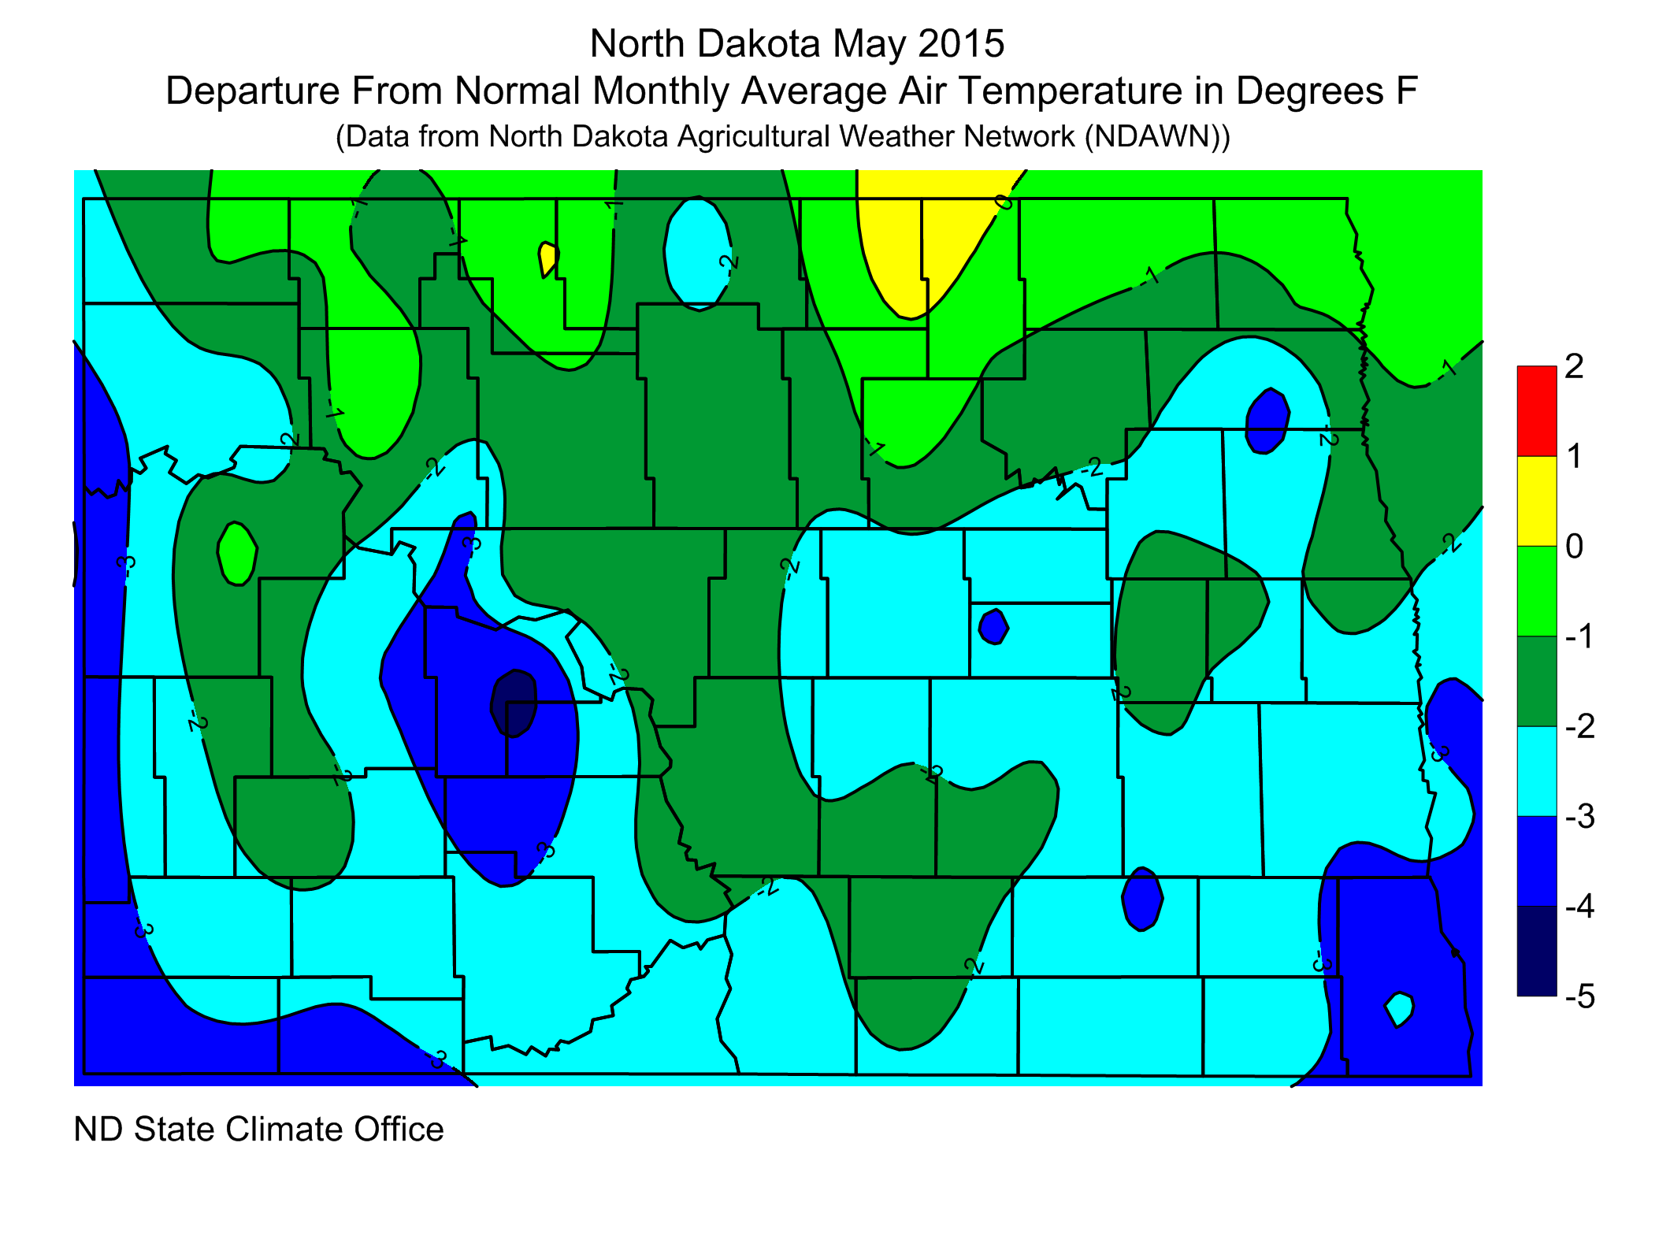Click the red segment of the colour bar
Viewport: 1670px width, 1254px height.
1536,410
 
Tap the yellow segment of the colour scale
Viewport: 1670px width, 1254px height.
1536,500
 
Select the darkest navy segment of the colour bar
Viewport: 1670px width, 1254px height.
1536,951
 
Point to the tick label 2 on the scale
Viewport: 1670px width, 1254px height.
1574,366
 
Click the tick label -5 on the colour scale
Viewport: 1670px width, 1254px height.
1579,996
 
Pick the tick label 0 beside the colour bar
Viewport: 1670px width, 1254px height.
1574,546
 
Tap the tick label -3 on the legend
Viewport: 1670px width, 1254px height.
1579,816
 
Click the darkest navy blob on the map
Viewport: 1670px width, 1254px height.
514,703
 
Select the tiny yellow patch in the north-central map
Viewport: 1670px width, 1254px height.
548,258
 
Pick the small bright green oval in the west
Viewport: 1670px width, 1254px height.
236,553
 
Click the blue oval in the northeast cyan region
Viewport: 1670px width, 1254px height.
1267,421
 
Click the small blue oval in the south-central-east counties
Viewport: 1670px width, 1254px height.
1141,898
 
